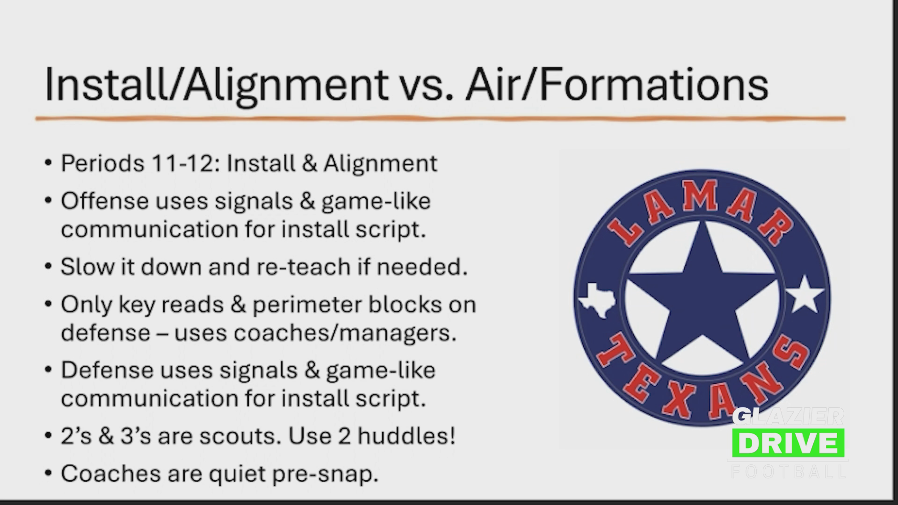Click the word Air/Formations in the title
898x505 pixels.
pyautogui.click(x=617, y=84)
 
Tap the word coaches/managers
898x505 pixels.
pyautogui.click(x=345, y=333)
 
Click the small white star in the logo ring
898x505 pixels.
pyautogui.click(x=804, y=294)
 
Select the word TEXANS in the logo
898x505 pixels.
pyautogui.click(x=702, y=383)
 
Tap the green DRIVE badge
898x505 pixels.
pyautogui.click(x=788, y=443)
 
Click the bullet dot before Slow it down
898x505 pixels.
pyautogui.click(x=48, y=267)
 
